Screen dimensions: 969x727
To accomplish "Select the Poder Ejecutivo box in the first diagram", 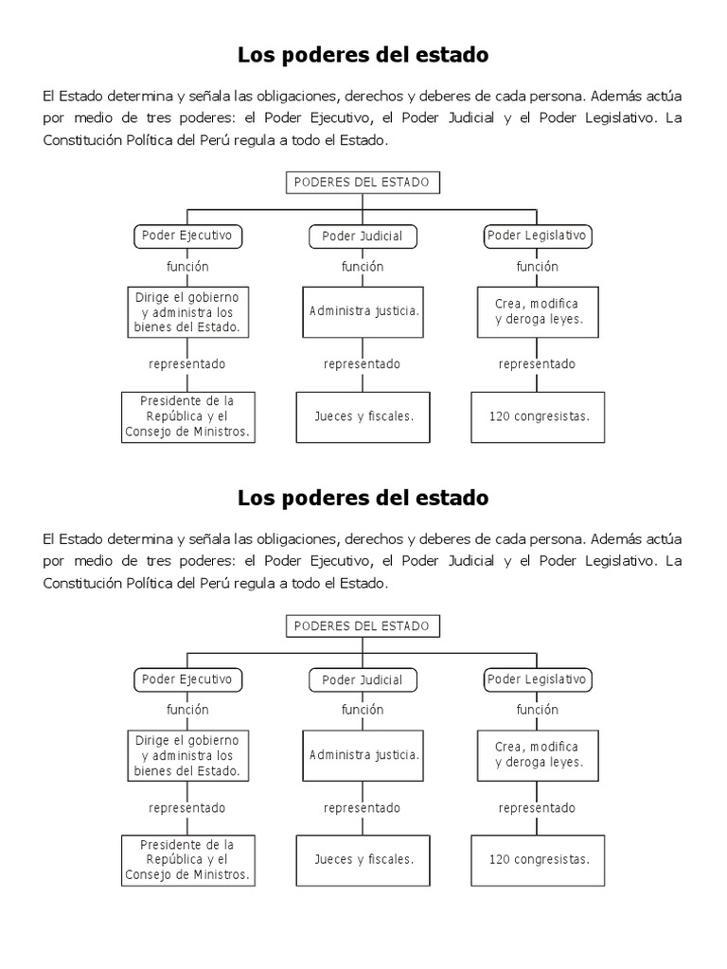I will tap(186, 236).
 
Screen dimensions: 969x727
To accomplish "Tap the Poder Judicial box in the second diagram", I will tap(362, 679).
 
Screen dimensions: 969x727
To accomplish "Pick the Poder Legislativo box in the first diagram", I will tap(536, 235).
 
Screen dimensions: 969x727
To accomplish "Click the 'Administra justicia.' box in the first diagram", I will tap(362, 311).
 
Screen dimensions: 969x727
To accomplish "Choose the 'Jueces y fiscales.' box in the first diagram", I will tap(362, 415).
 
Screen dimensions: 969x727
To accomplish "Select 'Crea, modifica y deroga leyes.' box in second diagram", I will tap(536, 754).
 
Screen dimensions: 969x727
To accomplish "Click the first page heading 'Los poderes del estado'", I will tap(363, 55).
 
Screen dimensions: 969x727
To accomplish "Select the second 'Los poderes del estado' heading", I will tap(363, 497).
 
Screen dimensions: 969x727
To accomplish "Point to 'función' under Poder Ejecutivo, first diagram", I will tap(187, 267).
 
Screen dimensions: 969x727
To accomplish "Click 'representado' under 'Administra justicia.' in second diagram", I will tap(362, 808).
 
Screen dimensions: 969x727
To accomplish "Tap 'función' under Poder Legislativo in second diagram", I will tap(537, 710).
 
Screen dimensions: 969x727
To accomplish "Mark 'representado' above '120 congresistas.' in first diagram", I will tap(537, 364).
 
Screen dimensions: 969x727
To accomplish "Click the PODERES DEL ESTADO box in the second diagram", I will tap(362, 626).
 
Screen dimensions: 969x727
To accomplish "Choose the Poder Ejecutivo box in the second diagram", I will tap(186, 679).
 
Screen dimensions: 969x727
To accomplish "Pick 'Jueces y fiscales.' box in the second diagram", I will tap(362, 859).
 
